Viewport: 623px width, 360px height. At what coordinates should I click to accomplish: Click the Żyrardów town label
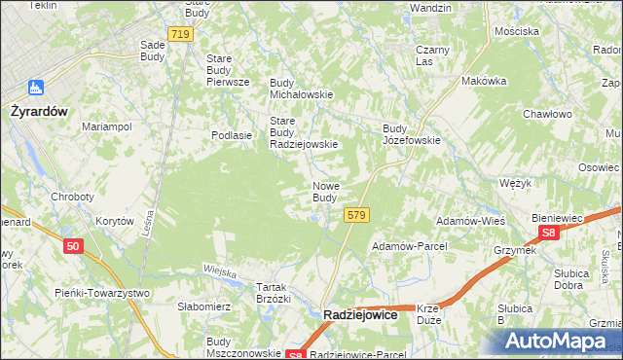tap(38, 111)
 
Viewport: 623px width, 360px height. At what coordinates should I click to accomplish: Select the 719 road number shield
tap(179, 34)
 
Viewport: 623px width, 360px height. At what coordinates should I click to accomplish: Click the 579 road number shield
tap(356, 215)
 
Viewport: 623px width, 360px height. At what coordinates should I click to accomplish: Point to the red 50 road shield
tap(73, 247)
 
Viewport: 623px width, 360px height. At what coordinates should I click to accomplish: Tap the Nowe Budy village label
tap(325, 192)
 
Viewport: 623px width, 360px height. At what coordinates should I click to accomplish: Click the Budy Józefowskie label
tap(412, 133)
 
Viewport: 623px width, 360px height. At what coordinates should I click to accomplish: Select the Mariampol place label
tap(107, 126)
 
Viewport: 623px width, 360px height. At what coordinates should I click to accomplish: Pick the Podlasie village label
tap(233, 136)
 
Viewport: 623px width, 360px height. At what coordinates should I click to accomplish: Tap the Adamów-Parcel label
tap(408, 246)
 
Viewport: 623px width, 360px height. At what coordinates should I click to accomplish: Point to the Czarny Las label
tap(431, 55)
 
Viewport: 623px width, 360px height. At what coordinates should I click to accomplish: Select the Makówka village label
tap(485, 81)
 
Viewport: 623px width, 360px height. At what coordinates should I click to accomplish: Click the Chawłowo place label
tap(546, 114)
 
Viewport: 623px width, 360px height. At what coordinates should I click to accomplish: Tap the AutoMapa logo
tap(559, 342)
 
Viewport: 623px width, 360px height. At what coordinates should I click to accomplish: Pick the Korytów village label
tap(114, 222)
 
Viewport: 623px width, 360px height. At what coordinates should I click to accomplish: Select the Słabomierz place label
tap(203, 306)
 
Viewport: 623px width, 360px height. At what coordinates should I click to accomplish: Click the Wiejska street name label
tap(221, 271)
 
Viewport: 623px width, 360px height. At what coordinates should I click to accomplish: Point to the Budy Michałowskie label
tap(302, 89)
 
